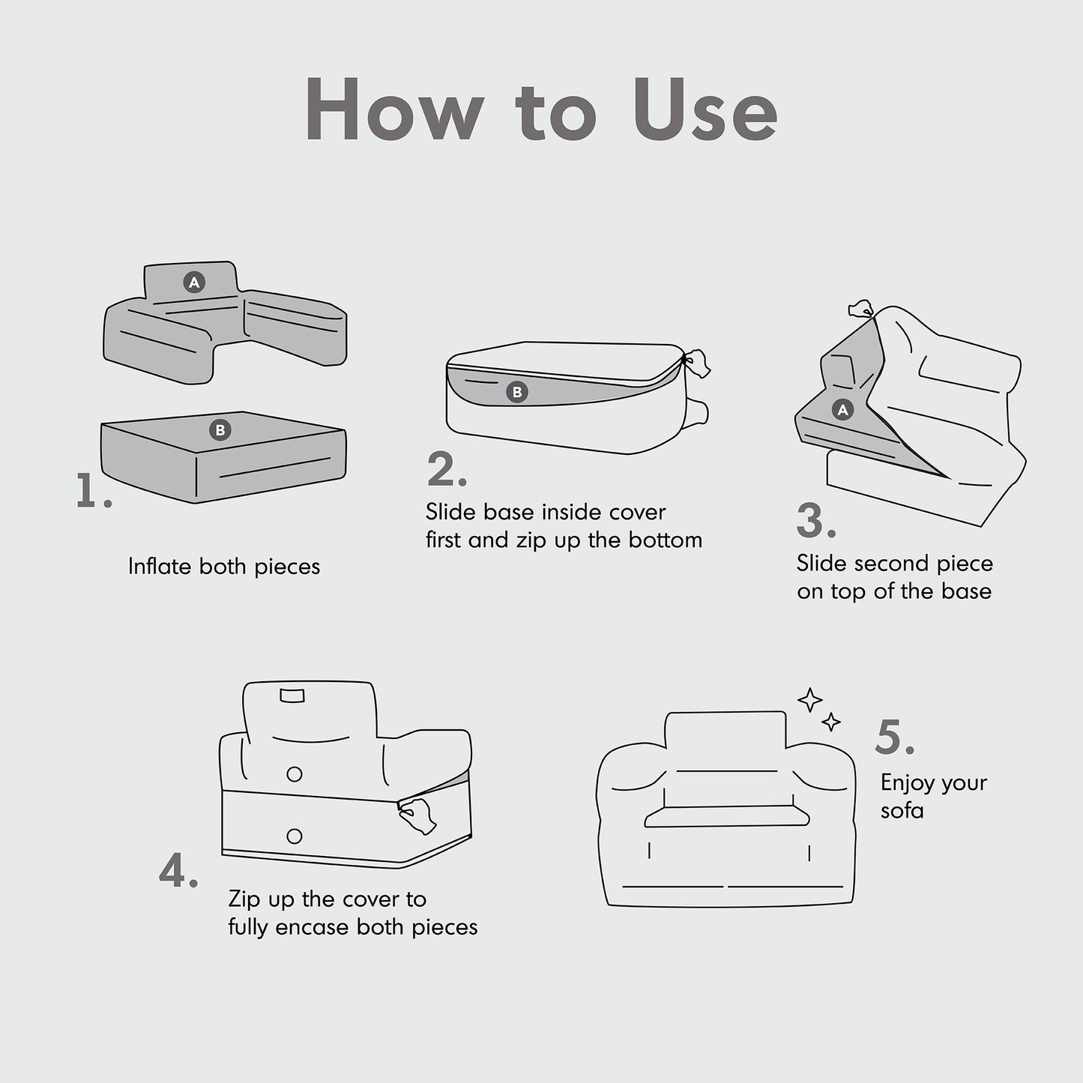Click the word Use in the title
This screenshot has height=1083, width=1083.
(x=705, y=109)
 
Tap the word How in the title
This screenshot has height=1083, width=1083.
(x=395, y=109)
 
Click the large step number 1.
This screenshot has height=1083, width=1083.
(x=93, y=491)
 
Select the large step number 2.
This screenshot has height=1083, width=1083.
(x=447, y=468)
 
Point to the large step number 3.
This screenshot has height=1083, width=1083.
(x=816, y=520)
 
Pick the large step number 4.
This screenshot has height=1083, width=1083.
(x=178, y=870)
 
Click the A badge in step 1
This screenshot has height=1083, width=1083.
(x=194, y=282)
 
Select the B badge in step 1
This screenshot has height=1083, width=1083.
(x=220, y=430)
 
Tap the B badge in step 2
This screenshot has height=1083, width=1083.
(x=517, y=392)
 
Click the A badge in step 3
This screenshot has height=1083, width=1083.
(x=842, y=410)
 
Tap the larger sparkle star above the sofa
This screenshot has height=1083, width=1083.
(x=810, y=700)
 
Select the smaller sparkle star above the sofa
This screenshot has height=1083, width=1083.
(x=831, y=722)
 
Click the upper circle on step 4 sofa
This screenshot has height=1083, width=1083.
(x=295, y=774)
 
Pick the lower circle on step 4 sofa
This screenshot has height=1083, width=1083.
(x=295, y=836)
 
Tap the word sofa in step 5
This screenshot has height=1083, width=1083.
(x=902, y=810)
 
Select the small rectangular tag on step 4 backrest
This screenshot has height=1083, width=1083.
(x=292, y=696)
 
